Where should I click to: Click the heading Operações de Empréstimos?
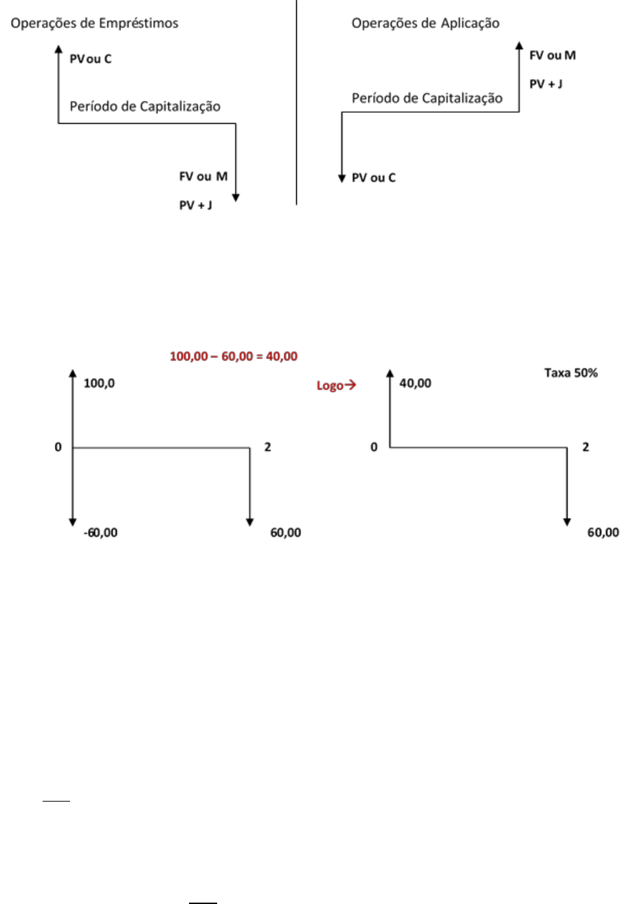pyautogui.click(x=94, y=23)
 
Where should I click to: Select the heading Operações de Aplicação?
pyautogui.click(x=425, y=23)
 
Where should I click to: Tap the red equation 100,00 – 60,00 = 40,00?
pyautogui.click(x=234, y=356)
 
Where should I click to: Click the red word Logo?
pyautogui.click(x=330, y=386)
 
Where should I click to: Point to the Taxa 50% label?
pyautogui.click(x=571, y=373)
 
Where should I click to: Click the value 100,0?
pyautogui.click(x=99, y=384)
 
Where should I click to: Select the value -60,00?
pyautogui.click(x=100, y=533)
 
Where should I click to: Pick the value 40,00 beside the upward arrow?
pyautogui.click(x=416, y=384)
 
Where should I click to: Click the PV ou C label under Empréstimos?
pyautogui.click(x=91, y=59)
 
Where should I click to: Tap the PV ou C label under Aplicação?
pyautogui.click(x=374, y=178)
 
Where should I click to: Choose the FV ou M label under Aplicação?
pyautogui.click(x=552, y=55)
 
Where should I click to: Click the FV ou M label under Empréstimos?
pyautogui.click(x=203, y=177)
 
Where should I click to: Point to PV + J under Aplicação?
pyautogui.click(x=546, y=84)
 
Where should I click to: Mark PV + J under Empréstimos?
pyautogui.click(x=196, y=206)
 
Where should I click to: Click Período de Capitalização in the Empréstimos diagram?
pyautogui.click(x=145, y=107)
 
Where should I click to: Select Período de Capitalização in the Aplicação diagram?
pyautogui.click(x=427, y=98)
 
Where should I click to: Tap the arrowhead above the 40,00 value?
pyautogui.click(x=390, y=373)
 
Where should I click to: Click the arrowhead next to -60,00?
pyautogui.click(x=73, y=522)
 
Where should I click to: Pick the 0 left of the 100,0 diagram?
pyautogui.click(x=58, y=447)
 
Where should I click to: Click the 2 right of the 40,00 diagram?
pyautogui.click(x=585, y=447)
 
